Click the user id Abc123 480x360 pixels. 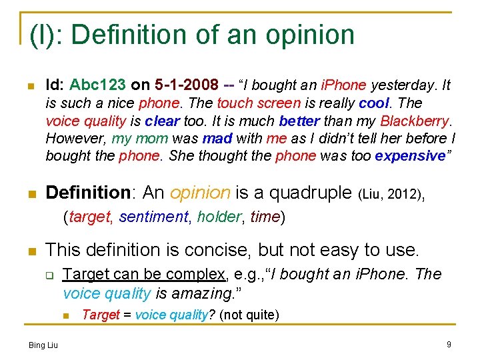coord(97,85)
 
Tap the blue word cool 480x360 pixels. coord(376,103)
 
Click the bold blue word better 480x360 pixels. coord(299,121)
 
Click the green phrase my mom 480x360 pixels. coord(132,139)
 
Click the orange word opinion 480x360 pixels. coord(200,193)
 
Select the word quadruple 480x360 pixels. coord(309,193)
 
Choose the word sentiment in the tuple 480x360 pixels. coord(154,217)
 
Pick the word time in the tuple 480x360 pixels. coord(265,217)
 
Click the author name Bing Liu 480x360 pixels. coord(43,345)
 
